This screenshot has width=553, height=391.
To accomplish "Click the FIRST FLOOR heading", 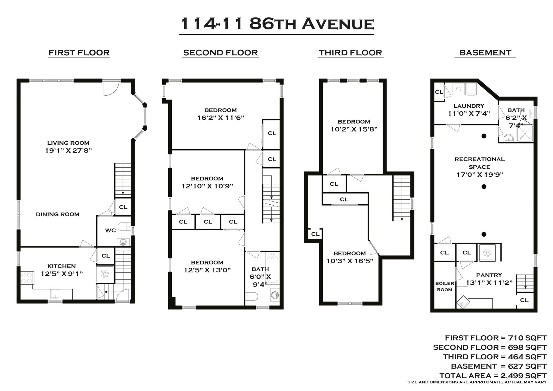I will pyautogui.click(x=79, y=52).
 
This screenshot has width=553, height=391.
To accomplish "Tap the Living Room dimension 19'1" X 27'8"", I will pyautogui.click(x=69, y=151).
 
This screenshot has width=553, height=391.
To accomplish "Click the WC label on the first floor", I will pyautogui.click(x=110, y=230).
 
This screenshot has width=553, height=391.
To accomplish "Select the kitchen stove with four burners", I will pyautogui.click(x=27, y=278).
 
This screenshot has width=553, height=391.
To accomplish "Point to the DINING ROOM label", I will pyautogui.click(x=58, y=214).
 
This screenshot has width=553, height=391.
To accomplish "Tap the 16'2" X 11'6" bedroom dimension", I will pyautogui.click(x=221, y=118).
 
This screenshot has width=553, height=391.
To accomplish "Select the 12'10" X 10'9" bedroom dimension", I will pyautogui.click(x=207, y=186).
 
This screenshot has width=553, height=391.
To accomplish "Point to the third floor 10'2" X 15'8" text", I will pyautogui.click(x=354, y=129).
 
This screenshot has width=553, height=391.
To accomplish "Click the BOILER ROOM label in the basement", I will pyautogui.click(x=444, y=286).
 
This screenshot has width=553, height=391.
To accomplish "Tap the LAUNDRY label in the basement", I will pyautogui.click(x=469, y=106).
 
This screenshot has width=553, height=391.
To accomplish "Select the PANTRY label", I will pyautogui.click(x=489, y=275).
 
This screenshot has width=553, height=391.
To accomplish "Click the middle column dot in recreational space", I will pyautogui.click(x=484, y=187).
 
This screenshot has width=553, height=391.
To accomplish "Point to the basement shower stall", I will pyautogui.click(x=525, y=133).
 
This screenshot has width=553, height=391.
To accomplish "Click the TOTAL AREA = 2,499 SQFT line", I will pyautogui.click(x=493, y=376).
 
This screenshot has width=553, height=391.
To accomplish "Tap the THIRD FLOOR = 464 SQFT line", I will pyautogui.click(x=494, y=357).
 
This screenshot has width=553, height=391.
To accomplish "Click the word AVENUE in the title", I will pyautogui.click(x=338, y=24).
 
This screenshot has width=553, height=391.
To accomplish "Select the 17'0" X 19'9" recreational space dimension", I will pyautogui.click(x=480, y=175).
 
